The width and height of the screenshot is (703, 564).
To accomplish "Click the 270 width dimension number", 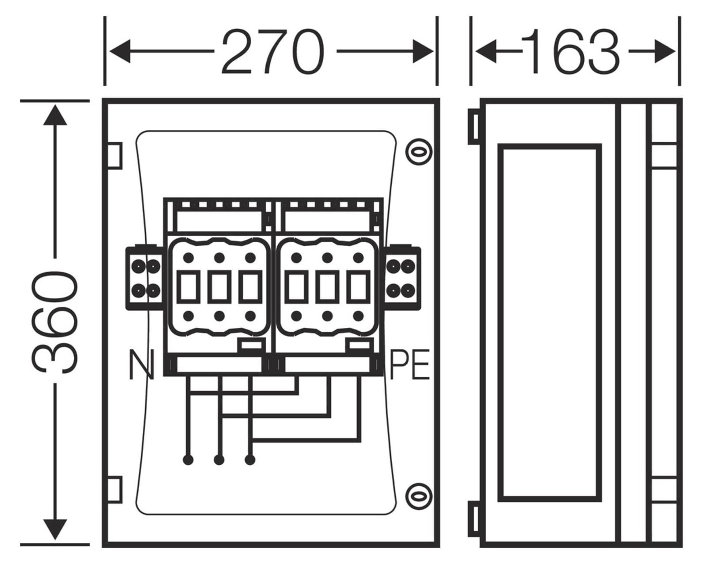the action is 273,51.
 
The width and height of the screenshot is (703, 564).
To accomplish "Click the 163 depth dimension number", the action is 570,51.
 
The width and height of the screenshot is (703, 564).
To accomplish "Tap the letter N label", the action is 141,365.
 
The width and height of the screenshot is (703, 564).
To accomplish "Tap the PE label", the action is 410,365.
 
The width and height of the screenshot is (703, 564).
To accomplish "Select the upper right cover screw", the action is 419,152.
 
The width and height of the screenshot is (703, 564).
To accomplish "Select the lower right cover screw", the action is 419,496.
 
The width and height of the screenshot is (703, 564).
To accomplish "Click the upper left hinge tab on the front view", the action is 115,156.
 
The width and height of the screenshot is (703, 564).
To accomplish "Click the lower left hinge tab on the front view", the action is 115,490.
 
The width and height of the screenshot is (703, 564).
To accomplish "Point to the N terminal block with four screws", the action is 145,278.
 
